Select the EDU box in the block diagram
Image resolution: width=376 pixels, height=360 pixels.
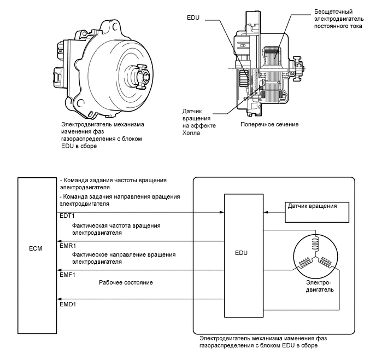pos(242,254)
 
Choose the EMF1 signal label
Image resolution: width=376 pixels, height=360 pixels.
pos(66,275)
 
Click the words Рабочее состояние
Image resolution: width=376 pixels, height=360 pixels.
pos(125,282)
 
